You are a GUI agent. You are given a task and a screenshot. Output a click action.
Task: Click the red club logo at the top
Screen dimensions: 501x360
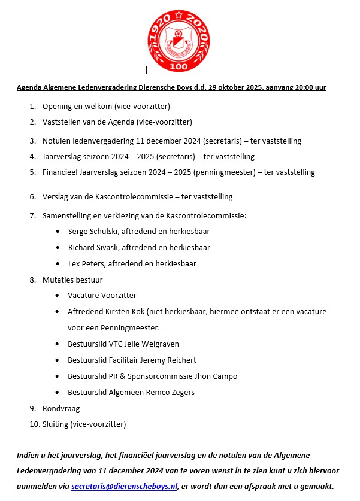click(x=180, y=37)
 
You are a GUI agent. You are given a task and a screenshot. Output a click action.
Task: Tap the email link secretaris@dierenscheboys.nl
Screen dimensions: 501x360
click(x=125, y=485)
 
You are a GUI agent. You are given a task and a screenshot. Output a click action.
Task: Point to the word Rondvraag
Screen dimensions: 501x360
click(x=61, y=409)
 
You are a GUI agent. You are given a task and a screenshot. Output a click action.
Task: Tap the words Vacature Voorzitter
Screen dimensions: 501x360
click(x=102, y=296)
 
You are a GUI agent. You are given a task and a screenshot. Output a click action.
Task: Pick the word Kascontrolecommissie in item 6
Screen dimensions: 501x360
click(x=135, y=196)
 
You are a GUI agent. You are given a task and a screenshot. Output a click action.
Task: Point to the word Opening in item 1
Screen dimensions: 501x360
click(x=57, y=107)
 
